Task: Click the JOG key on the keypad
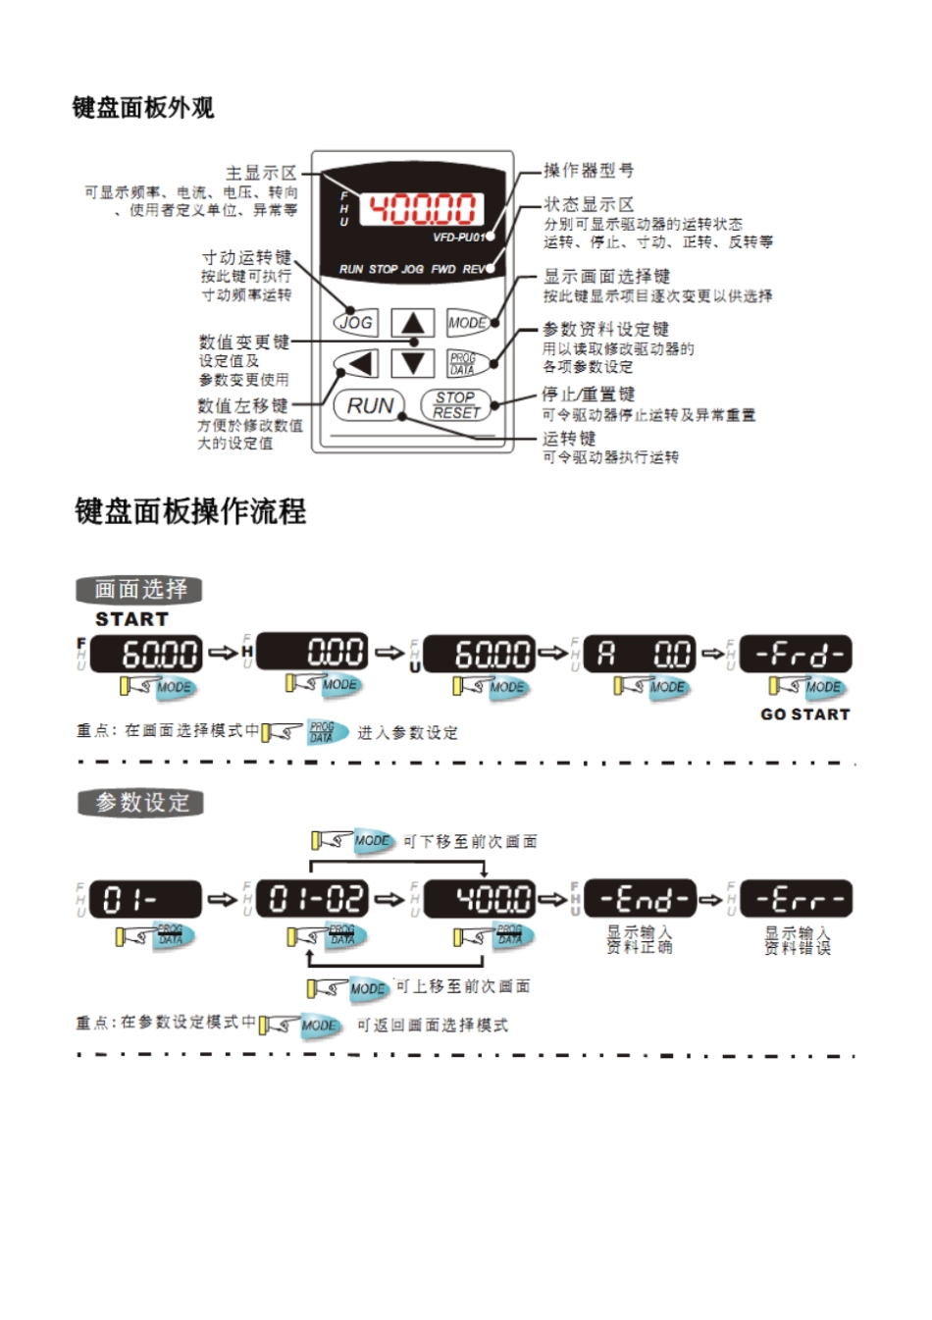[355, 322]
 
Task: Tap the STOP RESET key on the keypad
[455, 405]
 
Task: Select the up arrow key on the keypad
[413, 323]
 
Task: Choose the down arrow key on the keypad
[413, 363]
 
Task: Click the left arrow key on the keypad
[358, 364]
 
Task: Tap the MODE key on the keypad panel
[467, 323]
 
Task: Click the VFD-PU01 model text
[458, 238]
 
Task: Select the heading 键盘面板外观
[143, 108]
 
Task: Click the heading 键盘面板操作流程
[190, 511]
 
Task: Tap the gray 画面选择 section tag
[139, 590]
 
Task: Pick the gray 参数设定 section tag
[141, 803]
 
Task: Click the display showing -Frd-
[796, 654]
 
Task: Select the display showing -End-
[640, 899]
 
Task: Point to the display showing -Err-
[797, 899]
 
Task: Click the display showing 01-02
[313, 899]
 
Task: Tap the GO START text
[804, 714]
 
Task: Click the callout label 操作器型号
[589, 171]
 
